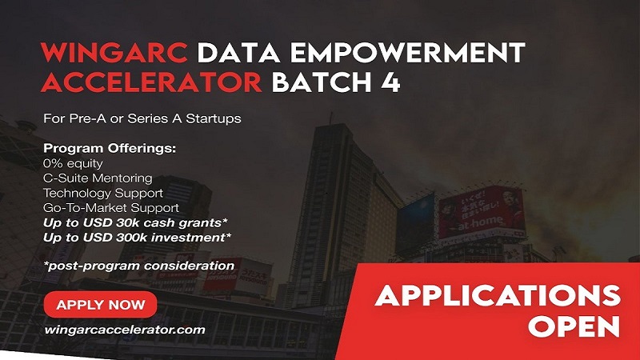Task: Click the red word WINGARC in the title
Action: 114,52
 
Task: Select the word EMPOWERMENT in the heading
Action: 407,52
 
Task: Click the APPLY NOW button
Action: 101,305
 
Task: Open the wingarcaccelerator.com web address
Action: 125,330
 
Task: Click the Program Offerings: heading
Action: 110,148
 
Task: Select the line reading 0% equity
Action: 73,163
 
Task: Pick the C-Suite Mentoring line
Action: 98,178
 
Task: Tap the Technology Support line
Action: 103,193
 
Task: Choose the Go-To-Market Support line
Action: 111,208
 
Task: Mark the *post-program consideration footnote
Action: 139,266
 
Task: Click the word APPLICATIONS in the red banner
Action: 498,295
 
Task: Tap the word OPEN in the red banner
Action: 574,326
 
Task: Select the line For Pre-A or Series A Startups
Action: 142,118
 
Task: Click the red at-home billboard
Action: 481,212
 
